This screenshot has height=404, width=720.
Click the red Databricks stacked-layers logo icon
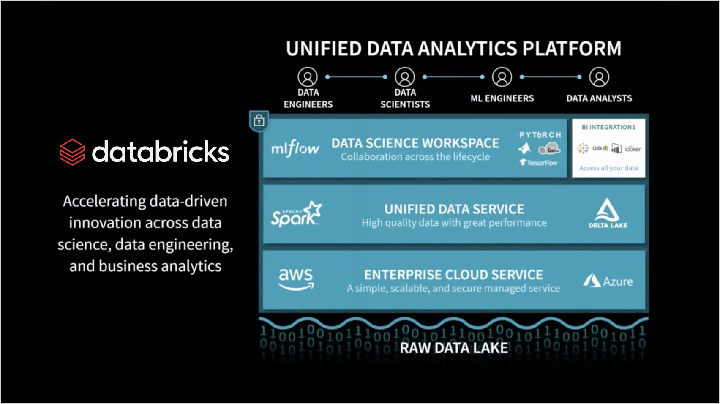coord(72,152)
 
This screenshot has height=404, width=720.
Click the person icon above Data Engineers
coord(308,77)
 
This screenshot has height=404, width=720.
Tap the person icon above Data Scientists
coord(405,77)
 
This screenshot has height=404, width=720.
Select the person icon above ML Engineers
coord(502,77)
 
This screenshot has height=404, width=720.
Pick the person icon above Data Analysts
coord(599,77)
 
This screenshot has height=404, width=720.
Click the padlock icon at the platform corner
coord(259,121)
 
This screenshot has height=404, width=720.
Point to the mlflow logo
coord(295,149)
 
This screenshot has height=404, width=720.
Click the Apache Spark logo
coord(296,214)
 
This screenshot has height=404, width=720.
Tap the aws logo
coord(296,279)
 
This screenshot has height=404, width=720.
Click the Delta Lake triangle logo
coord(608,210)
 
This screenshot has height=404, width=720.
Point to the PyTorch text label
coord(540,135)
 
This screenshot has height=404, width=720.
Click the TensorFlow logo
coord(539,163)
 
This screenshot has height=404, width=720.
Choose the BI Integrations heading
coord(608,127)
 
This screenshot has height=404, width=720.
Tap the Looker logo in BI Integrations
coord(633,149)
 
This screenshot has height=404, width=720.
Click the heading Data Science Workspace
coord(415,143)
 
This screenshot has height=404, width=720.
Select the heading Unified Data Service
coord(454,209)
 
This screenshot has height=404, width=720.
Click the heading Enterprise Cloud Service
coord(453,275)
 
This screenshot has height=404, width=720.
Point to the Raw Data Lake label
coord(454,348)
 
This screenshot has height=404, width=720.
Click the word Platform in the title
coord(572,49)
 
